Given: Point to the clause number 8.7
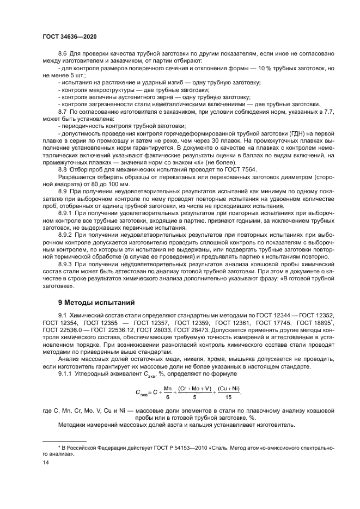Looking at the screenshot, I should click(62, 111).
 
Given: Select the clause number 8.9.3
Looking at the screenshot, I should click(65, 263).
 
